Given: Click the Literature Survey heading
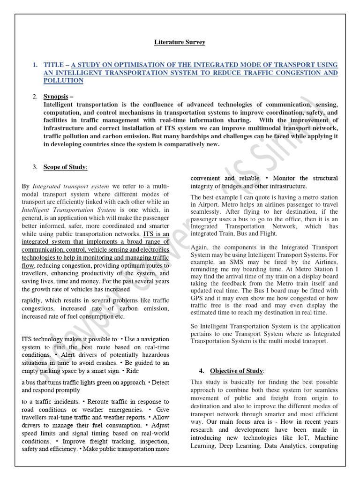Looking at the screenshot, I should [180, 42].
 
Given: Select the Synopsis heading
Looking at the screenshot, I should [55, 97].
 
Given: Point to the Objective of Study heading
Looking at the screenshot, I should [237, 371].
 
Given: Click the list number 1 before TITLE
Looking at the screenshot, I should [35, 65].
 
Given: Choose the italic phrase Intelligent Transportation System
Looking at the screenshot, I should [68, 210].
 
